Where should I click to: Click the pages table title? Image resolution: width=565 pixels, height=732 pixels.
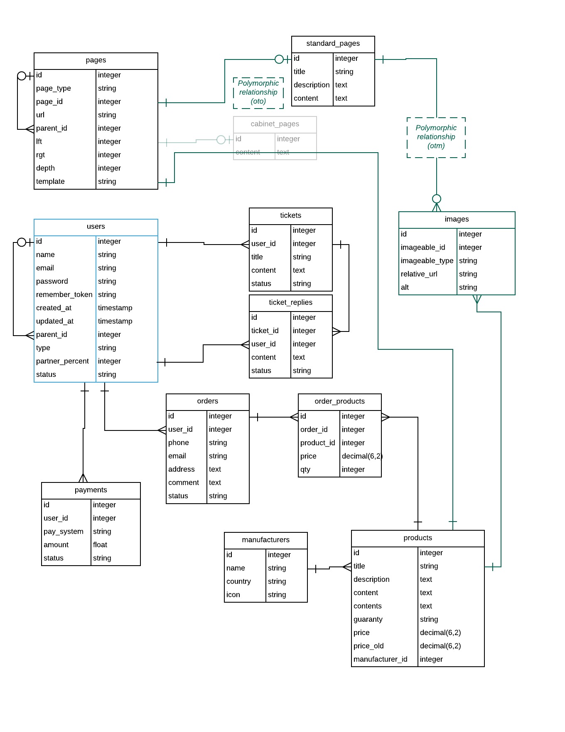(x=96, y=60)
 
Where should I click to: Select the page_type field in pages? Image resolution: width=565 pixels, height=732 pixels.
(x=54, y=88)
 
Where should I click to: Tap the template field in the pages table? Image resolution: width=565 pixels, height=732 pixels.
(x=50, y=181)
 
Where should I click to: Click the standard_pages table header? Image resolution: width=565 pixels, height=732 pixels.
(x=333, y=44)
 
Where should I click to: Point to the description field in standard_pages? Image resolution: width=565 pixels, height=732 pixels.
(x=311, y=85)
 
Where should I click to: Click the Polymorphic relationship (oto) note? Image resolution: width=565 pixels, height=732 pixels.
(x=258, y=92)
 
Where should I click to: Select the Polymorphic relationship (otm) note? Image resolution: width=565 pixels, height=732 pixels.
(x=436, y=137)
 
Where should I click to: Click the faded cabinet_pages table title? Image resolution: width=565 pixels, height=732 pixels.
(x=275, y=124)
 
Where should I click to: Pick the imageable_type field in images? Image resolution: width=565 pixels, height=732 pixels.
(x=427, y=261)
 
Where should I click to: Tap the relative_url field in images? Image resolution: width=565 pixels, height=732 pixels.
(x=419, y=274)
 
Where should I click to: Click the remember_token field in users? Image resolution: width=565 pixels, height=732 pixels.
(x=64, y=294)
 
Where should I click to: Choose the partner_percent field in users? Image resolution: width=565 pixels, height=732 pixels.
(x=62, y=361)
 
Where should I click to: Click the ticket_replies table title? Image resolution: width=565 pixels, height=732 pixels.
(x=290, y=302)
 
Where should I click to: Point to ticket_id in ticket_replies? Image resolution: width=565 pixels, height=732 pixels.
(x=265, y=331)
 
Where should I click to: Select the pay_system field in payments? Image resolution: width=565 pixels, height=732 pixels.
(x=63, y=532)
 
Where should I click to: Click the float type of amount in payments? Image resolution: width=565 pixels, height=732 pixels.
(x=100, y=545)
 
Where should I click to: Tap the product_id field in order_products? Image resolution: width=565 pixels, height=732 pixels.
(x=317, y=443)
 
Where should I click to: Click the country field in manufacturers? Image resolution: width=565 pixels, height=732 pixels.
(x=238, y=581)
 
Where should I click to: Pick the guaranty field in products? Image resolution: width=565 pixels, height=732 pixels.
(x=368, y=619)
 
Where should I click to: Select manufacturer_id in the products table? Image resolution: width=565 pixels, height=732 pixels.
(x=380, y=659)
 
